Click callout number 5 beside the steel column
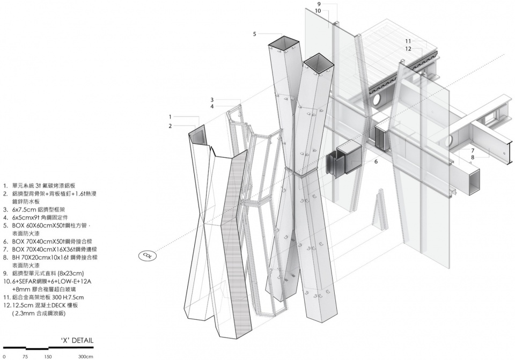tap(255, 34)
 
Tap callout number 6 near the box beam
tap(376, 161)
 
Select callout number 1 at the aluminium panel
tap(170, 116)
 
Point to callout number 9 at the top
tap(319, 4)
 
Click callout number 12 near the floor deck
tap(408, 49)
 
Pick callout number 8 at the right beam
tap(473, 157)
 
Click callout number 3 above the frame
tap(212, 100)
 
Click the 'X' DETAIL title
tap(78, 340)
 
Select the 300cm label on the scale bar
tap(85, 356)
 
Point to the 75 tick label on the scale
tap(25, 356)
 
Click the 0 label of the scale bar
tap(4, 356)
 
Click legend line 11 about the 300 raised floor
tap(43, 297)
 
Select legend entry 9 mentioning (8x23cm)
tap(43, 273)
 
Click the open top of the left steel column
tap(283, 42)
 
